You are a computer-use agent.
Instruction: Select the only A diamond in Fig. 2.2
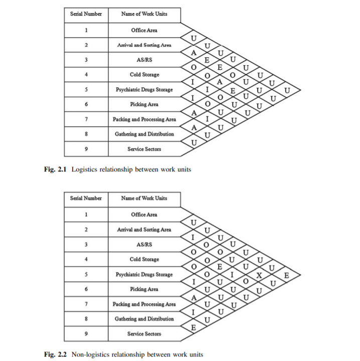click(193, 297)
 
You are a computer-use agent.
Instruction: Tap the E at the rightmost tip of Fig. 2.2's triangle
click(286, 275)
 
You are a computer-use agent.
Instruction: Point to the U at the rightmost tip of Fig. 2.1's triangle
click(286, 90)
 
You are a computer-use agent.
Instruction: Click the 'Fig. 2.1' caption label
click(56, 169)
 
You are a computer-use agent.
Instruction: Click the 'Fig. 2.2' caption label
click(56, 354)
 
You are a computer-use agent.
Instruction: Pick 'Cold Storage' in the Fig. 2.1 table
click(144, 75)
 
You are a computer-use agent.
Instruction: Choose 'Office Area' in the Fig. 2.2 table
click(144, 215)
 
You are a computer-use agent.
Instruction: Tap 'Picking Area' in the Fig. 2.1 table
click(144, 104)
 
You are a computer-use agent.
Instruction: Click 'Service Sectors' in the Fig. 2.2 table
click(144, 333)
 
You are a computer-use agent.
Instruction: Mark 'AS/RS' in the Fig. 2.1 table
click(144, 60)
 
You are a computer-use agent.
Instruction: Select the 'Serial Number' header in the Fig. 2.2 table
click(86, 198)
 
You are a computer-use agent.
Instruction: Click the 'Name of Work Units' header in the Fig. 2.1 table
click(144, 14)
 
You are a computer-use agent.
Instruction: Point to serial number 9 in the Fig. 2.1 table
click(86, 149)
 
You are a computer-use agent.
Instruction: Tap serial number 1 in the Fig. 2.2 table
click(86, 215)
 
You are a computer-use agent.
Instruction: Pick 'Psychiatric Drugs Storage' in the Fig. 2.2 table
click(144, 274)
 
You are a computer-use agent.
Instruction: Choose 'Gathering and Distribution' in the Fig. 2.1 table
click(144, 134)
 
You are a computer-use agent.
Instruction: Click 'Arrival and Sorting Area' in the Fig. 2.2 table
click(144, 230)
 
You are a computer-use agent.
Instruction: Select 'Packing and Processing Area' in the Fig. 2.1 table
click(144, 119)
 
